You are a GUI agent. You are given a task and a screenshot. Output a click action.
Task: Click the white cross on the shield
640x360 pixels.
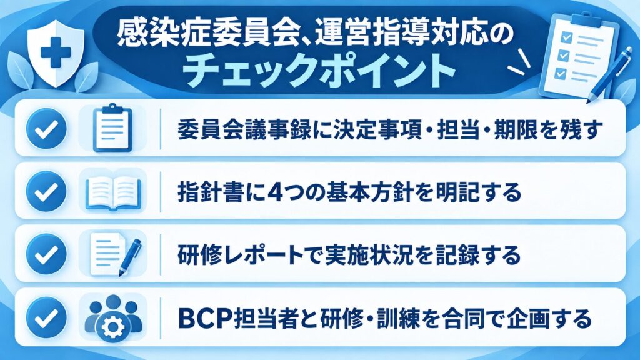56,52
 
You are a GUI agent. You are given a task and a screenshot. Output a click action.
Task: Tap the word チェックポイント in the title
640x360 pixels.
319,71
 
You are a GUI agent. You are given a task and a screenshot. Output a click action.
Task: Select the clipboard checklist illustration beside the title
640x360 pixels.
579,55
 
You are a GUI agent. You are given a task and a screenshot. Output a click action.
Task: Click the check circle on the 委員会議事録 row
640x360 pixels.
46,128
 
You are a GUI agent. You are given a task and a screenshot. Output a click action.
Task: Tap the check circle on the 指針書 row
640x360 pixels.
46,191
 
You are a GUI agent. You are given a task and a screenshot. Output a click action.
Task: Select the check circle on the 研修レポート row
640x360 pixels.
46,254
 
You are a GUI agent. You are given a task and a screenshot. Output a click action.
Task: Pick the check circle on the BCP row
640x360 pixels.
46,317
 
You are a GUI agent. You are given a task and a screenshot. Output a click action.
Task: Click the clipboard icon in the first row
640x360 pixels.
112,128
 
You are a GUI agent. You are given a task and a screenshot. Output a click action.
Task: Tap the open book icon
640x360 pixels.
113,191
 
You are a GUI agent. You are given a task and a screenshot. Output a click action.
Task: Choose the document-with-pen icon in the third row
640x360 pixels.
116,254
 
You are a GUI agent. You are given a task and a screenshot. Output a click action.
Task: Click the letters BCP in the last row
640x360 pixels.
206,318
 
